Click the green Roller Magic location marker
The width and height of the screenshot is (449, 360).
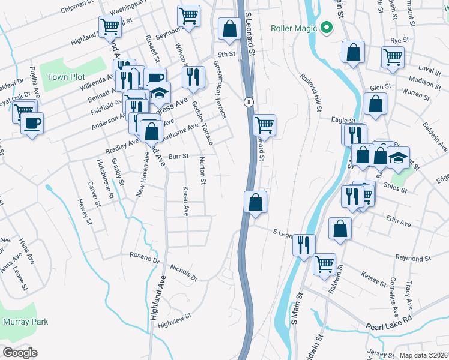tap(327, 28)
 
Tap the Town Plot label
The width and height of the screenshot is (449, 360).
tap(66, 77)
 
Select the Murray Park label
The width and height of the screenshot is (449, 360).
tap(25, 322)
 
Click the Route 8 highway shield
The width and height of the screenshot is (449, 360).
tap(247, 102)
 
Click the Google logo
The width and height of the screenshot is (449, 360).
tap(19, 352)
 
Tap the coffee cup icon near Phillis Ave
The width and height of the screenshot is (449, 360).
tap(32, 124)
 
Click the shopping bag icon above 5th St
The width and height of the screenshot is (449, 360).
tap(229, 28)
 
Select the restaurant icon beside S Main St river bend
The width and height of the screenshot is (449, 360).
tap(304, 244)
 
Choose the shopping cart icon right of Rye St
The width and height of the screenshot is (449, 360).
tap(392, 58)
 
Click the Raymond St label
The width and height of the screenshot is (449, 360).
tap(414, 257)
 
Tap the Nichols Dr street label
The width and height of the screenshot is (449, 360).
tap(184, 272)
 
